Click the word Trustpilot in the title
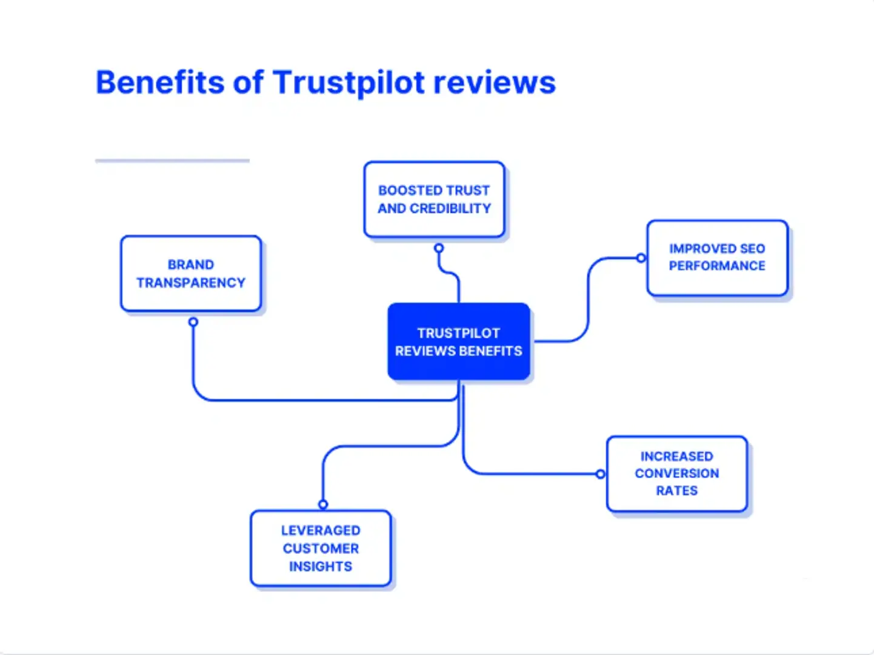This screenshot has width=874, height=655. click(x=349, y=82)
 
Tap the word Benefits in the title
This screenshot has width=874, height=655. click(x=160, y=82)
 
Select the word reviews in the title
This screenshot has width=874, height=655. click(x=495, y=83)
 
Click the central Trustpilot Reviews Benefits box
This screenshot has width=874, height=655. click(x=459, y=341)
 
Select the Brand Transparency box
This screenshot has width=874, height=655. click(x=191, y=274)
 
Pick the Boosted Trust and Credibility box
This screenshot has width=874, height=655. click(x=435, y=199)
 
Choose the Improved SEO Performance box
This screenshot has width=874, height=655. click(x=717, y=258)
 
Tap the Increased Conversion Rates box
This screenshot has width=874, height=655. click(x=677, y=474)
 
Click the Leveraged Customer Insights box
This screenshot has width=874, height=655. click(x=321, y=548)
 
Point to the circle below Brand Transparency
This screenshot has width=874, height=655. click(x=193, y=322)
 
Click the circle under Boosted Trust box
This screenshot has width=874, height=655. click(x=439, y=248)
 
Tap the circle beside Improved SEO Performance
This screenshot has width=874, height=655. click(x=641, y=258)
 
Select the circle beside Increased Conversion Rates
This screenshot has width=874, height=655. click(x=601, y=474)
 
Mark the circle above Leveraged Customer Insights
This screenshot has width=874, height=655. click(x=323, y=505)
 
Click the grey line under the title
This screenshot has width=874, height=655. click(x=172, y=161)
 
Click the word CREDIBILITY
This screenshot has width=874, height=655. click(x=450, y=209)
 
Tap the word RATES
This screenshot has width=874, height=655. click(x=677, y=491)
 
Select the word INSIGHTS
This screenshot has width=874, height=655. click(x=321, y=566)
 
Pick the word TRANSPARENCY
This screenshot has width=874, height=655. click(x=191, y=283)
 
